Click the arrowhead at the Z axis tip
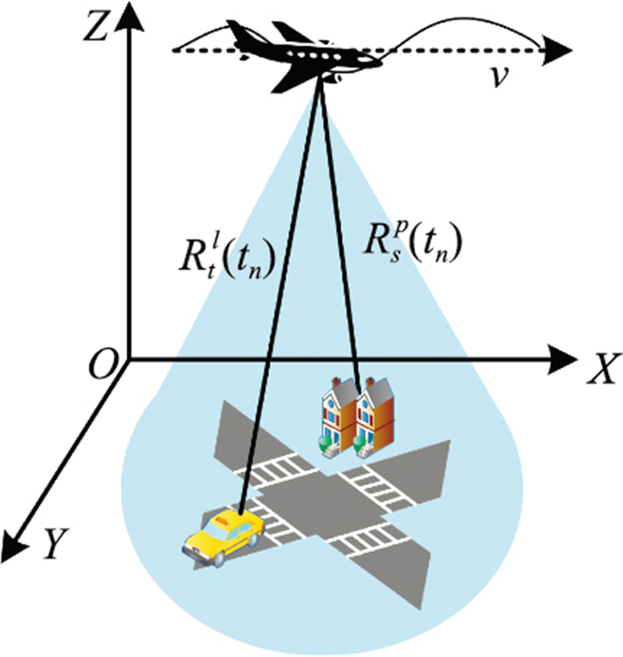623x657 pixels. point(128,21)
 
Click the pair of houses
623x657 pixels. point(355,415)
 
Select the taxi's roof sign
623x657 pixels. point(229,515)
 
